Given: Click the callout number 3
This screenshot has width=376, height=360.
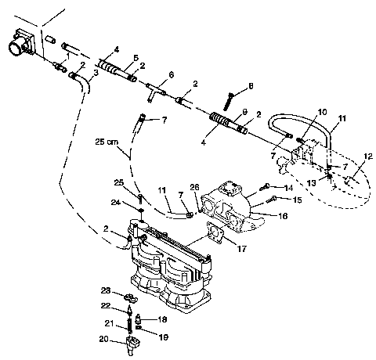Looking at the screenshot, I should (x=96, y=73).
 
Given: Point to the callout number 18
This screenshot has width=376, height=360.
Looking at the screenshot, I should (x=164, y=320).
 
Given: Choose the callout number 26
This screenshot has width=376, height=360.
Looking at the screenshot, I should (x=196, y=186).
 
